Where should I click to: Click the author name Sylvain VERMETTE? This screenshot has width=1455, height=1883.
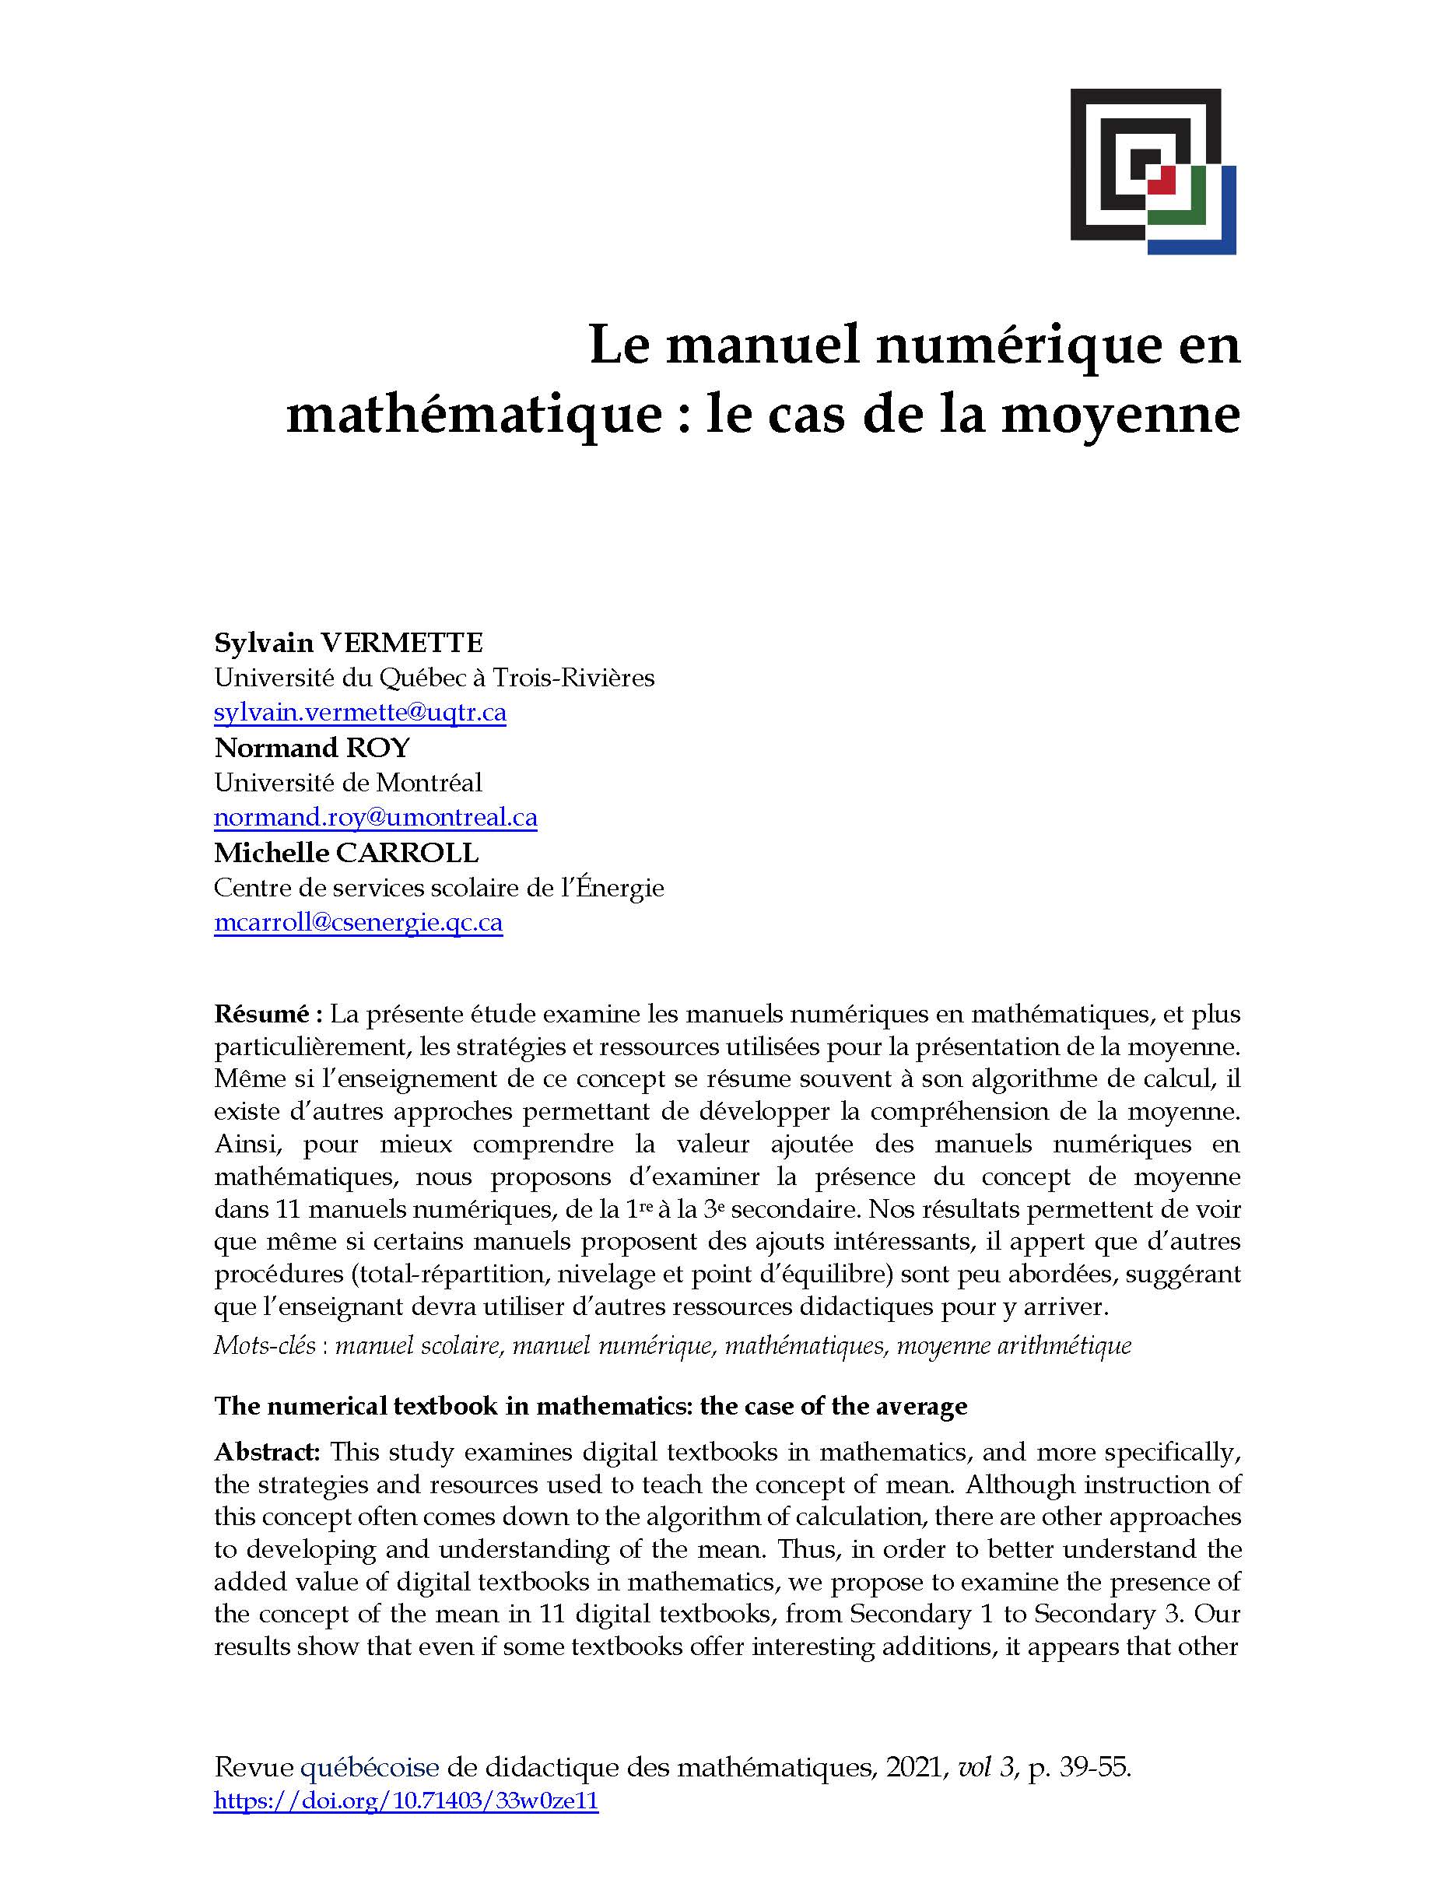tap(349, 643)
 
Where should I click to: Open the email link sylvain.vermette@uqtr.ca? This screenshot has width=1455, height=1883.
tap(359, 713)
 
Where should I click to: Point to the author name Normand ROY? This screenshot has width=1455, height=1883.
tap(312, 747)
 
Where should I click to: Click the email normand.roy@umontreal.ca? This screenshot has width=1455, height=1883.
tap(375, 817)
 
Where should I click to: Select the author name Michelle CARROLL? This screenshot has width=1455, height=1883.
tap(345, 853)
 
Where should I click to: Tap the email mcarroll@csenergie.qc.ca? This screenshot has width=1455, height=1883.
tap(358, 923)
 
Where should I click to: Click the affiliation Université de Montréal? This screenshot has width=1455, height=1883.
tap(347, 783)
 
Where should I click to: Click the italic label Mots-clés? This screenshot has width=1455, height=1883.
tap(265, 1346)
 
